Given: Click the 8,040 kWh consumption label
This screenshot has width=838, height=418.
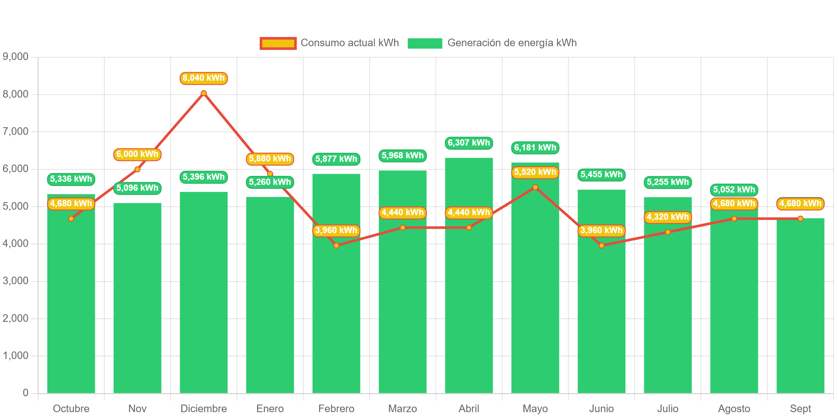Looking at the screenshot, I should pos(203,78).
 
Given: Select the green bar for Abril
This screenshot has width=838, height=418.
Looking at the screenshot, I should pos(469,293).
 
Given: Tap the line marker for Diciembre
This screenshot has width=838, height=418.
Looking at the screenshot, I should pos(204,93).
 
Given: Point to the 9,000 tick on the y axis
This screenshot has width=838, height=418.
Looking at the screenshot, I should pos(16,57).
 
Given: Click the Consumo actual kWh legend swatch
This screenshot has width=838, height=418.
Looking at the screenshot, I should pos(278,43).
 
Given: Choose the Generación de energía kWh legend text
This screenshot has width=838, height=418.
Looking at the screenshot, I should pos(512,43).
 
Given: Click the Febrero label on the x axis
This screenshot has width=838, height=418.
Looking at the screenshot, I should pos(336,409).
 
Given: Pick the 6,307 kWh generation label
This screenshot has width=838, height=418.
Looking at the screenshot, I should pos(469,143).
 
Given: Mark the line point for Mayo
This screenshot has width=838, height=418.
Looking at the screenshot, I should pos(535,187).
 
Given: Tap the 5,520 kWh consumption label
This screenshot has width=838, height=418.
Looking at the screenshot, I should pos(535,172).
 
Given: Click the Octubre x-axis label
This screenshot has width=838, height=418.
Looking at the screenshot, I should pos(71,409).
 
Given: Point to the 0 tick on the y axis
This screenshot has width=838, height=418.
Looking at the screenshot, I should pos(26,392).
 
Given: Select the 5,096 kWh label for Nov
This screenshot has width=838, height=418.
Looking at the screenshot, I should pos(137,188).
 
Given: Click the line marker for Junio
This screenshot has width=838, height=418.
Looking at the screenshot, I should pos(601,246).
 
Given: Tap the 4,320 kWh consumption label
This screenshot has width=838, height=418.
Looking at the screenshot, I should pos(667,217).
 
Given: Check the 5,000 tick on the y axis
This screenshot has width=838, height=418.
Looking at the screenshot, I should pos(16,206).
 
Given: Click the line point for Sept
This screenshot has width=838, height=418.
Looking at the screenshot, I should pos(800,219).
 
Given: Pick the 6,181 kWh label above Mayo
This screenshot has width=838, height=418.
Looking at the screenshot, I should pos(535,148).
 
